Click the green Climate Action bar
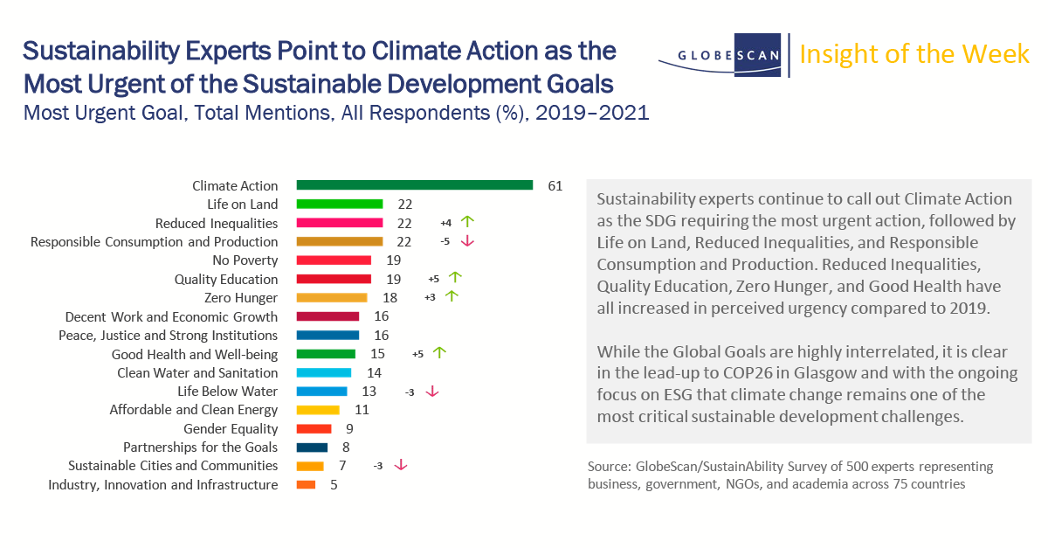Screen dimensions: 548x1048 tap(415, 185)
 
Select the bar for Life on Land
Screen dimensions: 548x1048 tap(340, 205)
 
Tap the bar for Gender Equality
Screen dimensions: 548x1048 tap(314, 428)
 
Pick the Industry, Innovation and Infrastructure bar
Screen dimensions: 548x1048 tap(307, 484)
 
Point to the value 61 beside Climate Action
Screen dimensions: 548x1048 tap(555, 186)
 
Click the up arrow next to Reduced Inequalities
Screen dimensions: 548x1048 tap(466, 223)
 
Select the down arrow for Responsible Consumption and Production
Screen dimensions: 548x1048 tap(466, 241)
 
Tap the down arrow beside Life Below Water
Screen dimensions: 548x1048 tap(431, 392)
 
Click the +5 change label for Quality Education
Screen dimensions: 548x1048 tap(433, 279)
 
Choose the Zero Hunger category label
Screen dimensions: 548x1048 tap(241, 298)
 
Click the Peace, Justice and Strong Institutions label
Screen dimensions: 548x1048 tap(168, 336)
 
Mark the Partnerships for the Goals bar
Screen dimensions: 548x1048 tap(312, 447)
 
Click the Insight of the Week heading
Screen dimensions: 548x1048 tap(914, 54)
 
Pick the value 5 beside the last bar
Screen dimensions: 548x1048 tap(334, 485)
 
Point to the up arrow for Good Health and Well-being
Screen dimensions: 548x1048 tap(439, 353)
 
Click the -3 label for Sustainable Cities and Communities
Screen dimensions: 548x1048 tap(378, 466)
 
